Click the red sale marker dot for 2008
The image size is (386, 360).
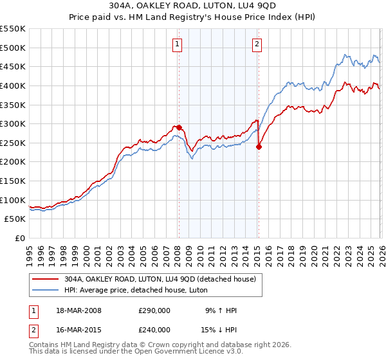pyautogui.click(x=179, y=127)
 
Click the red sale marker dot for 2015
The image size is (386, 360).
pyautogui.click(x=259, y=147)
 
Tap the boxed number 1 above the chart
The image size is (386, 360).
pyautogui.click(x=176, y=44)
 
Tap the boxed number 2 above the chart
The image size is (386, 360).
pyautogui.click(x=257, y=44)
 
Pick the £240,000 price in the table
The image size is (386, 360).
pyautogui.click(x=154, y=330)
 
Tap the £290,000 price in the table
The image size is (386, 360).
pyautogui.click(x=154, y=310)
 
